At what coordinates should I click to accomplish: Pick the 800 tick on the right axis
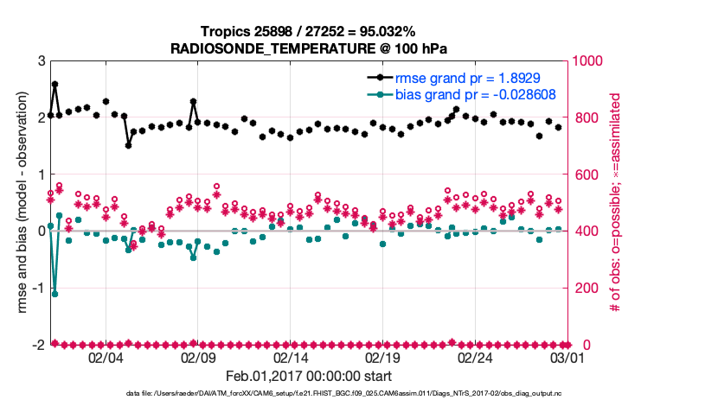point(582,117)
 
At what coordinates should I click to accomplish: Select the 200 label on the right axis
point(582,288)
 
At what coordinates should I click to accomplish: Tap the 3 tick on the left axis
point(41,61)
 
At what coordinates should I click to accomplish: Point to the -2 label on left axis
point(38,345)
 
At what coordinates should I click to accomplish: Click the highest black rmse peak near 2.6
point(54,85)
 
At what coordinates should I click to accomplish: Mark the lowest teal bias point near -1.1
point(54,294)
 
